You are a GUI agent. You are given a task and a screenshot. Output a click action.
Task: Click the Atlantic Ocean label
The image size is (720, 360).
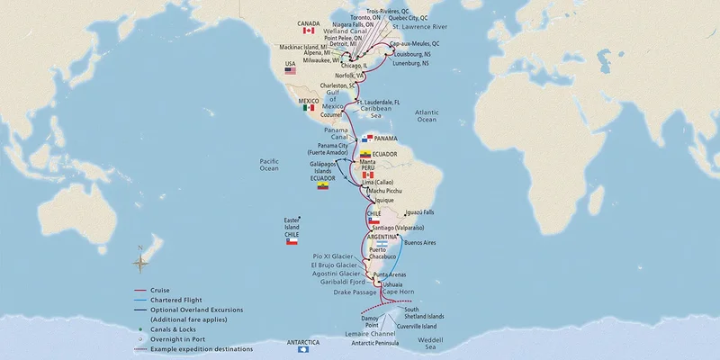(426, 115)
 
